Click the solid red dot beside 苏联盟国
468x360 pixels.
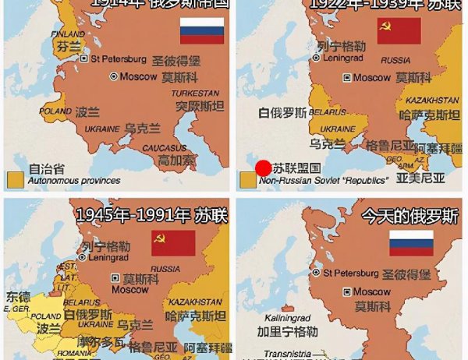[264, 168]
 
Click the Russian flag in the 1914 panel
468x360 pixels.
[201, 30]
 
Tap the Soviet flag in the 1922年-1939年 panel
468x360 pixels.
[399, 31]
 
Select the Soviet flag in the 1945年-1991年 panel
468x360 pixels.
[173, 242]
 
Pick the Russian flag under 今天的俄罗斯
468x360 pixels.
[410, 243]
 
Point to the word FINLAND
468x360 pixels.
[68, 34]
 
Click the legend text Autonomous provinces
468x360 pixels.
[74, 181]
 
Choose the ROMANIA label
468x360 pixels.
[74, 353]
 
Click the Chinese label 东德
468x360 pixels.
[18, 297]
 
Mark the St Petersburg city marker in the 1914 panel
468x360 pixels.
[85, 58]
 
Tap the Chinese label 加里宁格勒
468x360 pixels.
[289, 332]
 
